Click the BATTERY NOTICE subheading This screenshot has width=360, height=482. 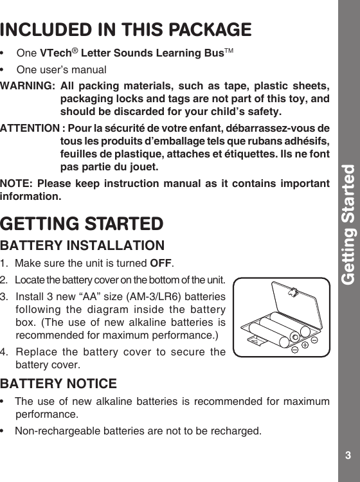[59, 384]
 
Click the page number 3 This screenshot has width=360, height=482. [348, 456]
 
